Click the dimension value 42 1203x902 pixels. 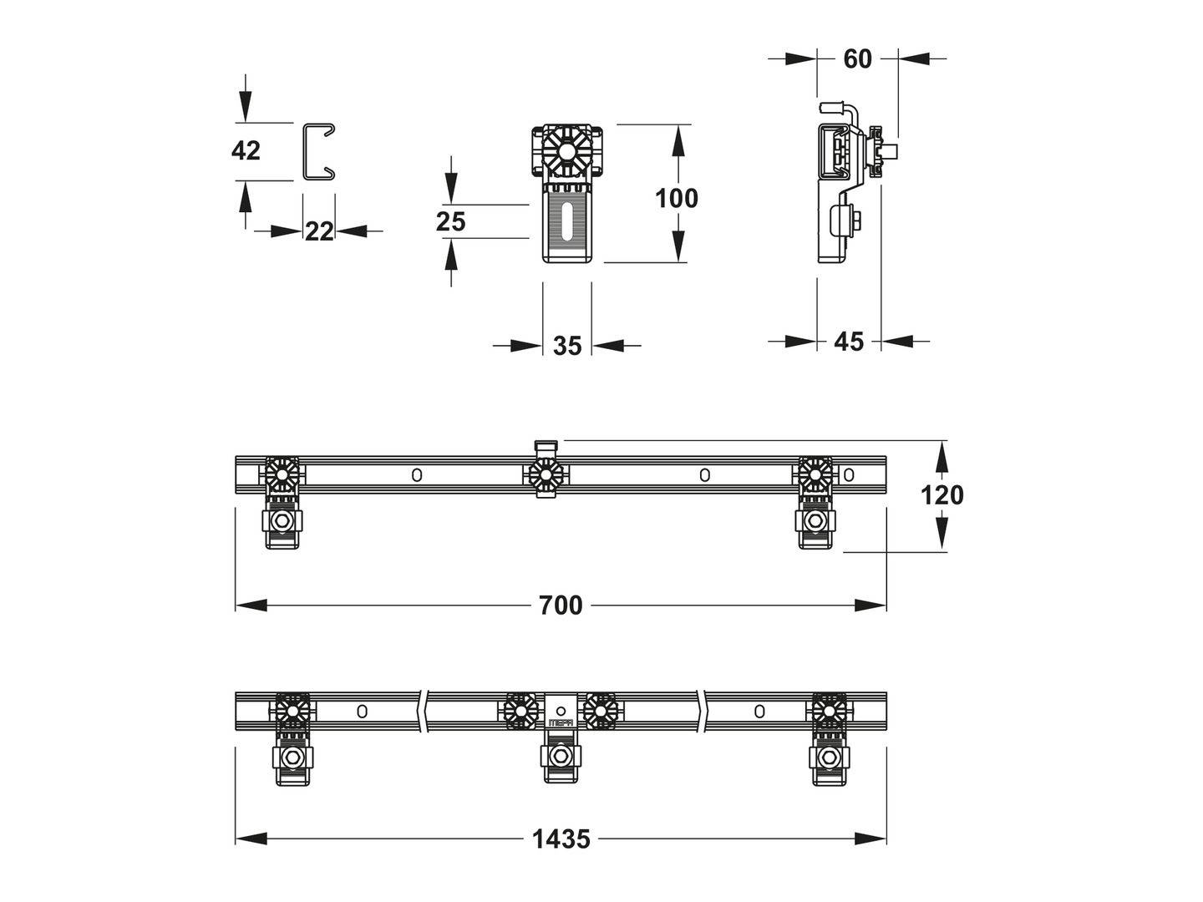(246, 150)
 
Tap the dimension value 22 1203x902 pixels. (319, 231)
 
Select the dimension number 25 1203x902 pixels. (450, 222)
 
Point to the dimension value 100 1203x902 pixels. (677, 198)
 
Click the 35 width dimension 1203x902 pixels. (567, 346)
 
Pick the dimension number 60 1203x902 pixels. (857, 59)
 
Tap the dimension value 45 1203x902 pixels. (849, 342)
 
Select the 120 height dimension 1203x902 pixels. (942, 495)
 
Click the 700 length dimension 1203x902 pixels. (560, 606)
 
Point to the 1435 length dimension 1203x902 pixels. (561, 839)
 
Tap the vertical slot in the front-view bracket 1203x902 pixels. (567, 222)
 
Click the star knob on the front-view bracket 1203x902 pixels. (567, 150)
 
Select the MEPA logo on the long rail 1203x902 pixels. (561, 723)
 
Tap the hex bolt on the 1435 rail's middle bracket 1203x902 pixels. (561, 756)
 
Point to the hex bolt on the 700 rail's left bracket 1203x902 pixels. (282, 520)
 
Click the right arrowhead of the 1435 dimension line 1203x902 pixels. (871, 839)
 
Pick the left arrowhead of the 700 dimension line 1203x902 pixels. (251, 606)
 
